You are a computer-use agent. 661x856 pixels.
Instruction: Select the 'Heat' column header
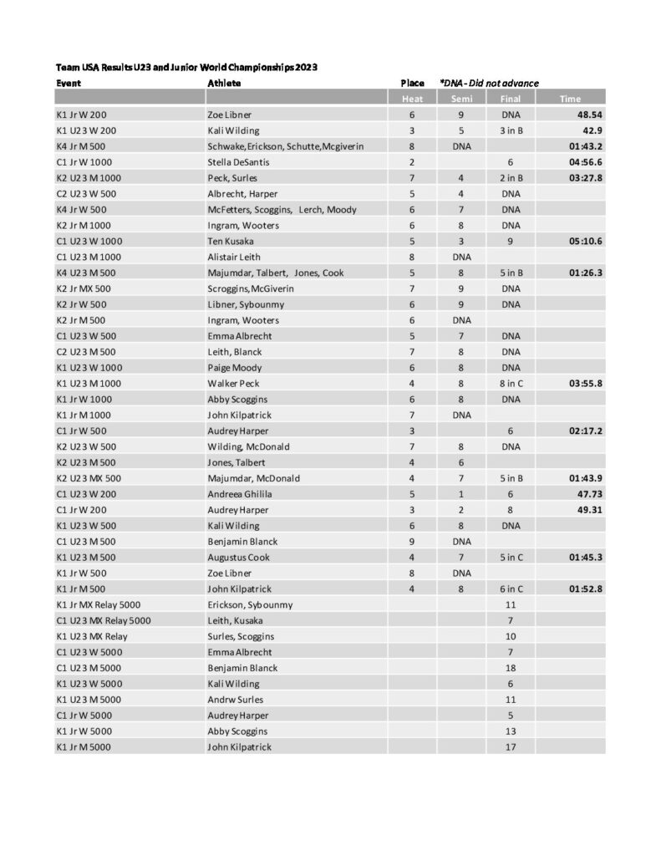(x=411, y=99)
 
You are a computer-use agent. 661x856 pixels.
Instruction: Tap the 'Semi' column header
(x=460, y=99)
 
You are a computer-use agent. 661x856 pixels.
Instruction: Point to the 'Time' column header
(x=570, y=99)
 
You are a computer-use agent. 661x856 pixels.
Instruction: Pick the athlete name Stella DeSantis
(x=236, y=162)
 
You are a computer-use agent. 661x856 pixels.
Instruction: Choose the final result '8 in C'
(x=511, y=384)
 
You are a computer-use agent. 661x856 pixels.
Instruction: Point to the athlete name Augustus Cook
(x=237, y=557)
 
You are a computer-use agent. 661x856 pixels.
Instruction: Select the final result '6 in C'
(x=511, y=588)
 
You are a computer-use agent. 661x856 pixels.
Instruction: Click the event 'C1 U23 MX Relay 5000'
(x=104, y=620)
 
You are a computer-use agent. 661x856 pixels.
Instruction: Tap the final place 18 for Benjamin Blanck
(x=511, y=668)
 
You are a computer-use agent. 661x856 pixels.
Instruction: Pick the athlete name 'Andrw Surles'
(x=235, y=699)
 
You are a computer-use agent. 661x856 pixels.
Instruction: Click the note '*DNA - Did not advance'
(x=489, y=83)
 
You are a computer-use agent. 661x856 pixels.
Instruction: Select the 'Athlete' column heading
(x=224, y=83)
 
